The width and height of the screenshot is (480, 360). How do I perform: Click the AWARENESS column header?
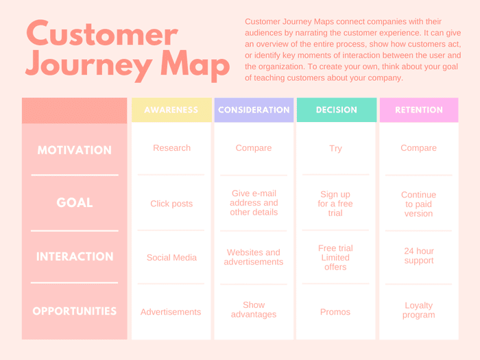(171, 110)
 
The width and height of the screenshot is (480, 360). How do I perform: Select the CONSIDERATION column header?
(254, 110)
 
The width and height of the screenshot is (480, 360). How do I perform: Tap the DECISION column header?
(336, 110)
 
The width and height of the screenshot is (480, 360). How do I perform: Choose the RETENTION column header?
(418, 110)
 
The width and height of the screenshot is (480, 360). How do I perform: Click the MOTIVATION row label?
(74, 150)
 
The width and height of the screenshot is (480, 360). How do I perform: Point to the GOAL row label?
(74, 203)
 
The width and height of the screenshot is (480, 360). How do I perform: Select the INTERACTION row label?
(74, 257)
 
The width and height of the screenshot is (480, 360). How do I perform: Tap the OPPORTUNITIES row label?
(74, 311)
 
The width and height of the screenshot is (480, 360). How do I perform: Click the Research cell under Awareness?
(171, 148)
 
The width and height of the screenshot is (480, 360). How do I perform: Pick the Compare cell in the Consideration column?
(254, 148)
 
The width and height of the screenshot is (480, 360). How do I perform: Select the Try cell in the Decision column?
(335, 148)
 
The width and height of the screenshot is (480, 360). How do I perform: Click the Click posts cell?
(171, 204)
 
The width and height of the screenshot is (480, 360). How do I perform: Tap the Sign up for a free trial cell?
(335, 204)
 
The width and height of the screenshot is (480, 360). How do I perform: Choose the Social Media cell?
(171, 258)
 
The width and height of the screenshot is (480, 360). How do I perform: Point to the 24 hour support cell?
(418, 256)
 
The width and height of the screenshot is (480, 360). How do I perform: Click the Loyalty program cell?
(418, 310)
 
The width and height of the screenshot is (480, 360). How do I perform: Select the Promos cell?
(335, 312)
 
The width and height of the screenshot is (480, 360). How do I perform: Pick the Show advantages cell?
(254, 310)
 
